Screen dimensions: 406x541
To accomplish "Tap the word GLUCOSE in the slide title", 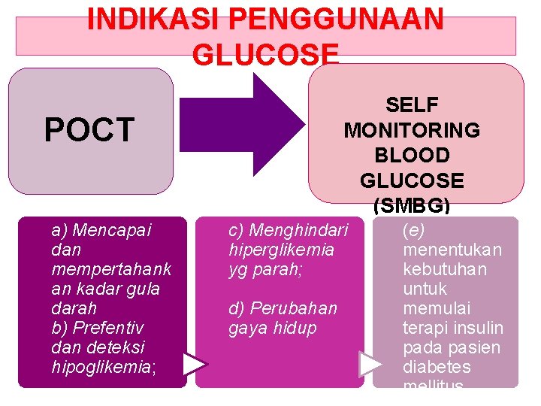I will pyautogui.click(x=266, y=54).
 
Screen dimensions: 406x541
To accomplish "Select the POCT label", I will pyautogui.click(x=89, y=130).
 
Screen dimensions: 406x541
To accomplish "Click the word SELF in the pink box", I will pyautogui.click(x=412, y=105).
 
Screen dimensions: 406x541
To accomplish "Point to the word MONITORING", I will pyautogui.click(x=412, y=130).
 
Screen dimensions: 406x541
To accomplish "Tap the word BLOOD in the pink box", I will pyautogui.click(x=412, y=156).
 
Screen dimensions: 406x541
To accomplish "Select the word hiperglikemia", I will pyautogui.click(x=281, y=249).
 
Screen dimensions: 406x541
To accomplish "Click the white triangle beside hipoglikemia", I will pyautogui.click(x=195, y=364).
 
